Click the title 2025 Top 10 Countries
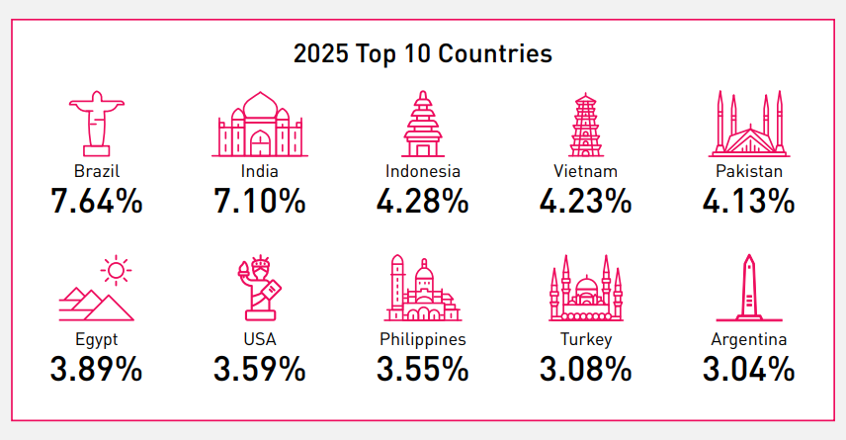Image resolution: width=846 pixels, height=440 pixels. coord(422,53)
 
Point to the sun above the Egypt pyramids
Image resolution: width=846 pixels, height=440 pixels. coord(117,270)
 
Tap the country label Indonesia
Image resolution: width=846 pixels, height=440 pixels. coord(423,171)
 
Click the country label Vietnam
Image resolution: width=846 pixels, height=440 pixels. coord(586,171)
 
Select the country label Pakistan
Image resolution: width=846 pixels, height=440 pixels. coord(749,171)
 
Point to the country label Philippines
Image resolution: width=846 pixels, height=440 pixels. coord(423,339)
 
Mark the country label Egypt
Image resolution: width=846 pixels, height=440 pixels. coord(96,339)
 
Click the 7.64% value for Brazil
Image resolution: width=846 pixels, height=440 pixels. coord(97,202)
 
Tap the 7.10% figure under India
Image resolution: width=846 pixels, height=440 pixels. coord(259,202)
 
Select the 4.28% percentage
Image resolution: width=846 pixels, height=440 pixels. coord(422,202)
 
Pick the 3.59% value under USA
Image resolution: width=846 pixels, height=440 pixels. coord(259,370)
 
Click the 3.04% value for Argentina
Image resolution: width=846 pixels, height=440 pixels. coord(748,370)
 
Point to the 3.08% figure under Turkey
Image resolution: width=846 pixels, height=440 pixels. coord(585,370)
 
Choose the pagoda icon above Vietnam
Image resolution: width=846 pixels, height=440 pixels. coord(586,125)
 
